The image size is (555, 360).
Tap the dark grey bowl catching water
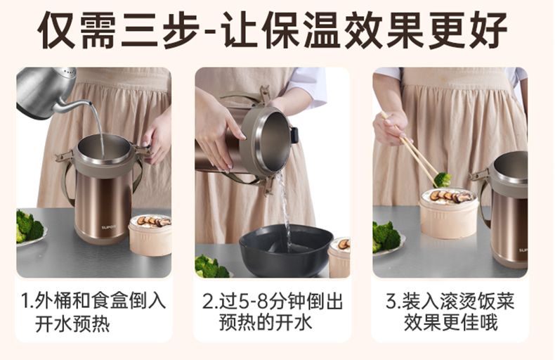point(286,250)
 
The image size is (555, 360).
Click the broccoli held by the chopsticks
point(443,179)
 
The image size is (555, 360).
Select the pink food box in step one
point(150,235)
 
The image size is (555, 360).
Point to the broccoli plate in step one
point(30,228)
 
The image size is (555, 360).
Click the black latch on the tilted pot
point(294,135)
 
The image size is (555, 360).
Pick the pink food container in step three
point(448,208)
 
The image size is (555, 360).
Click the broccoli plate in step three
point(387,238)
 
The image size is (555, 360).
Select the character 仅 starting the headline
point(57,30)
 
